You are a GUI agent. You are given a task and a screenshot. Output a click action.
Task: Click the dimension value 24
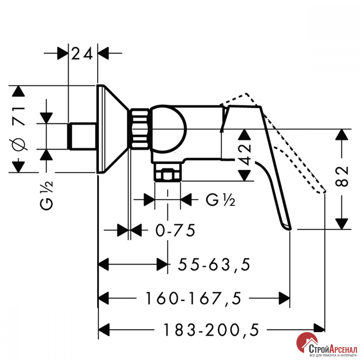pyautogui.click(x=82, y=54)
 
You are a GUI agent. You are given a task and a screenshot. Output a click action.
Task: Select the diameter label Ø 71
pyautogui.click(x=19, y=128)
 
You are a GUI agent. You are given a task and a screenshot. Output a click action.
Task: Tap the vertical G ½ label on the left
pyautogui.click(x=46, y=195)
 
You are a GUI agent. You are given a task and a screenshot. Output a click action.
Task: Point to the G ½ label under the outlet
pyautogui.click(x=220, y=200)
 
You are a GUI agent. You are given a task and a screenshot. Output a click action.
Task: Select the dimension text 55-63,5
pyautogui.click(x=214, y=265)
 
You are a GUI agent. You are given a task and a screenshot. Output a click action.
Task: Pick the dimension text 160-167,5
pyautogui.click(x=194, y=298)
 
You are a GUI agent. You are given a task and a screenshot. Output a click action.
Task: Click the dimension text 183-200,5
pyautogui.click(x=211, y=330)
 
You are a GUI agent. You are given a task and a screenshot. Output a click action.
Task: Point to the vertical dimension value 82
pyautogui.click(x=342, y=176)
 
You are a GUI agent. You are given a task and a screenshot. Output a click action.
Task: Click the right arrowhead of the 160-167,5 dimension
pyautogui.click(x=284, y=298)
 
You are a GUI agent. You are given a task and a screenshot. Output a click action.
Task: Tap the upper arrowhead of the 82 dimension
pyautogui.click(x=342, y=135)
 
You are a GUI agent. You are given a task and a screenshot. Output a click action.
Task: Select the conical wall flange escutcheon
pyautogui.click(x=112, y=129)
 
